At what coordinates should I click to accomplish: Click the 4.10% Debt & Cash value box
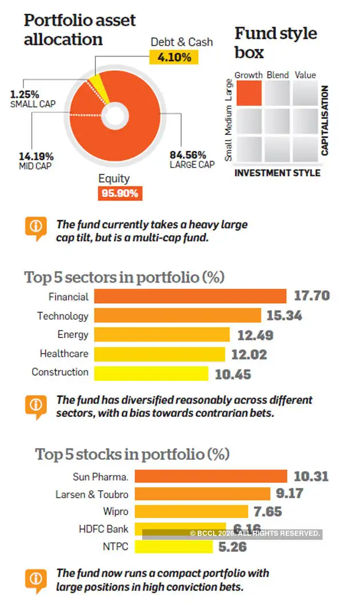click(x=173, y=57)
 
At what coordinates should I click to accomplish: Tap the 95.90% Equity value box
click(x=119, y=193)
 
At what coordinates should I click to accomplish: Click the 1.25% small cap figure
click(x=25, y=94)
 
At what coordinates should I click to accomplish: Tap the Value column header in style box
click(x=305, y=75)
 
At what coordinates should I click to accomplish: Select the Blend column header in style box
click(x=277, y=75)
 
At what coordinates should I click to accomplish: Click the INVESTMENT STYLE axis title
click(x=277, y=173)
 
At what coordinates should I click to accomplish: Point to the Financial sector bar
click(x=190, y=296)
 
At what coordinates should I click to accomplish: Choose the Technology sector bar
click(x=177, y=315)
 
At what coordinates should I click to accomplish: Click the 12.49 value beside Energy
click(x=253, y=335)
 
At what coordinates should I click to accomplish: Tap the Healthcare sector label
click(x=64, y=353)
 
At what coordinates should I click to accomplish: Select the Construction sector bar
click(x=151, y=373)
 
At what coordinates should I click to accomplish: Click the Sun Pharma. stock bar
click(x=190, y=476)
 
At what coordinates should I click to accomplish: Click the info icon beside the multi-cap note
click(x=35, y=227)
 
